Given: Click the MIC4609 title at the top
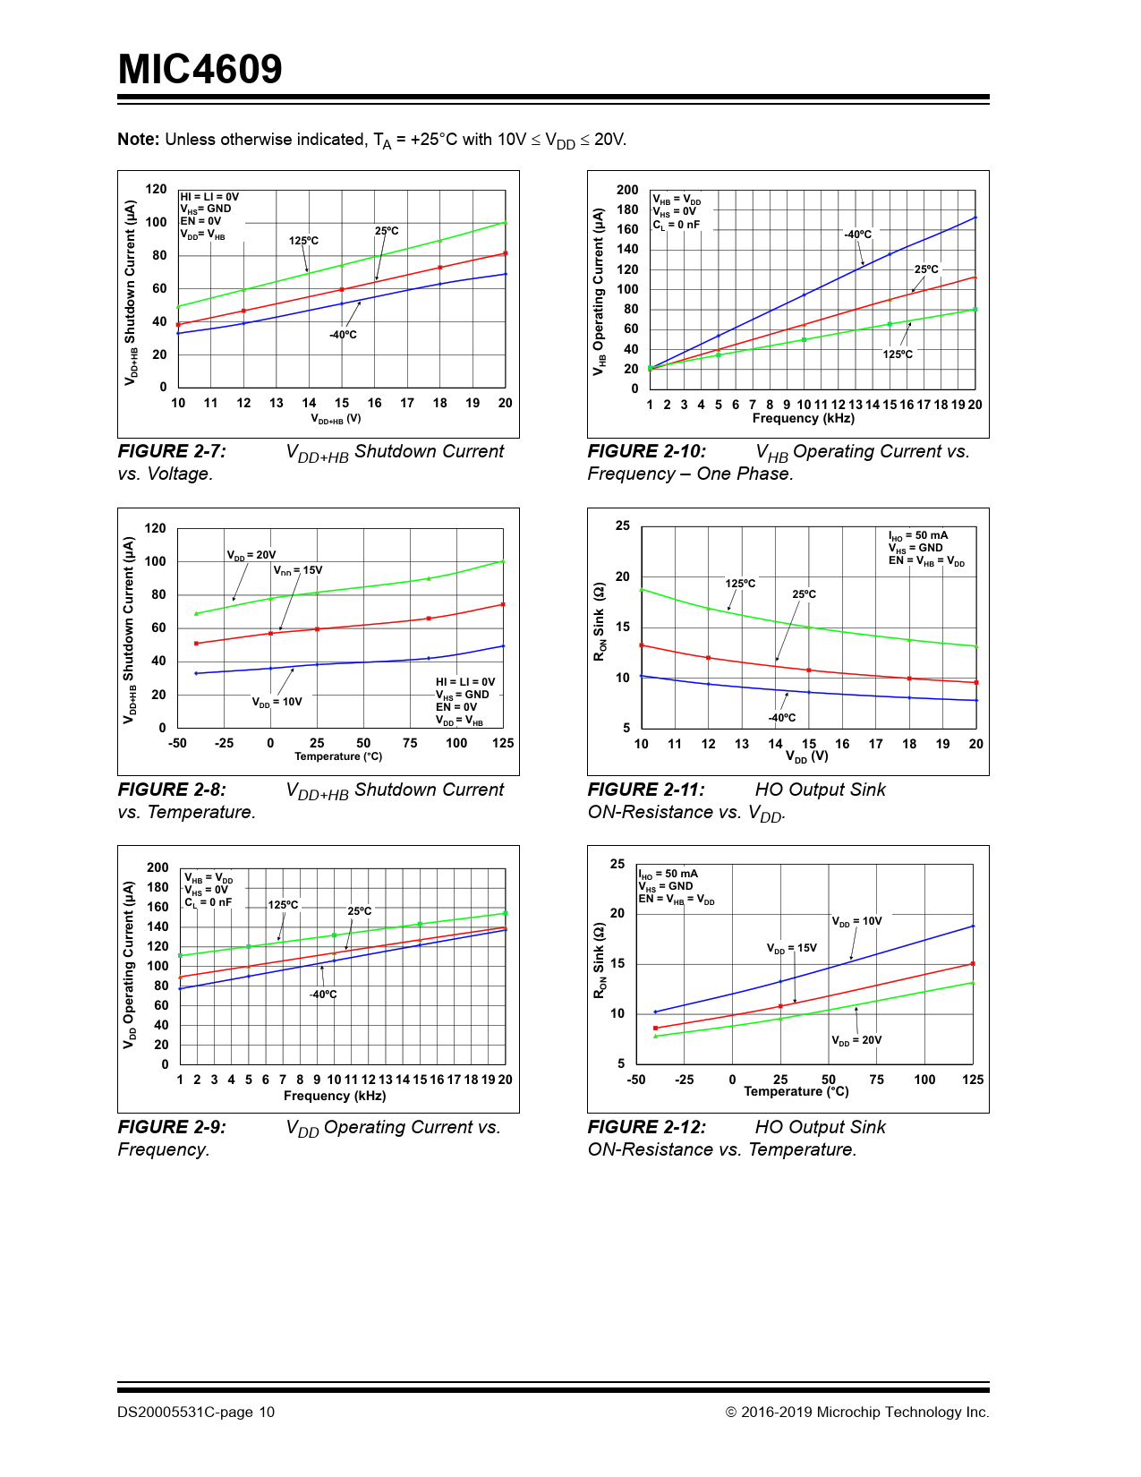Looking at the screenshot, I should [x=200, y=70].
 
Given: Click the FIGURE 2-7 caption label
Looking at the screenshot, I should [x=172, y=452].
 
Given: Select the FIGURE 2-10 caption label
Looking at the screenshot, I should [x=646, y=452].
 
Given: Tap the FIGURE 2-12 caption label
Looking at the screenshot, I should [x=646, y=1128].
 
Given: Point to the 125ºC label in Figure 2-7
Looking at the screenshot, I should [x=303, y=241].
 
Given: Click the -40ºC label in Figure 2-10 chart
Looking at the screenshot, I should [x=857, y=235].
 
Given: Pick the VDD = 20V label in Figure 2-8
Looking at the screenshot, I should [x=251, y=556].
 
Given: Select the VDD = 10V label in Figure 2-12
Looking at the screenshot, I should [x=856, y=921].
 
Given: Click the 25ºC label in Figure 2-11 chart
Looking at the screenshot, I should [x=804, y=594].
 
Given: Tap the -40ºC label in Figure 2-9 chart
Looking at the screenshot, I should [x=323, y=995].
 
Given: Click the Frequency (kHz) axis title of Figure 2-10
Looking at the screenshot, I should [x=803, y=419].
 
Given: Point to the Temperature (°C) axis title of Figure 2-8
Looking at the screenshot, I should [x=338, y=757].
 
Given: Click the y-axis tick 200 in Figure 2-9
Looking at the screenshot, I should [x=158, y=867].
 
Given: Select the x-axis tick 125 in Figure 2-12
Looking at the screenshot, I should [x=973, y=1080].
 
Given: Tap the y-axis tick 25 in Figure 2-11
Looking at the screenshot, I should [x=622, y=526].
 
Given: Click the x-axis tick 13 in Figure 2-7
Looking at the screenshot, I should [x=277, y=404].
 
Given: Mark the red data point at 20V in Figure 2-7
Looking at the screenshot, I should [x=506, y=254].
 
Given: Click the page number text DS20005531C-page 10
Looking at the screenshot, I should [x=196, y=1413].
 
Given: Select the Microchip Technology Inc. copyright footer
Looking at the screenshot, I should [x=857, y=1413].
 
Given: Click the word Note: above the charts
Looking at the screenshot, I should [x=139, y=140].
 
